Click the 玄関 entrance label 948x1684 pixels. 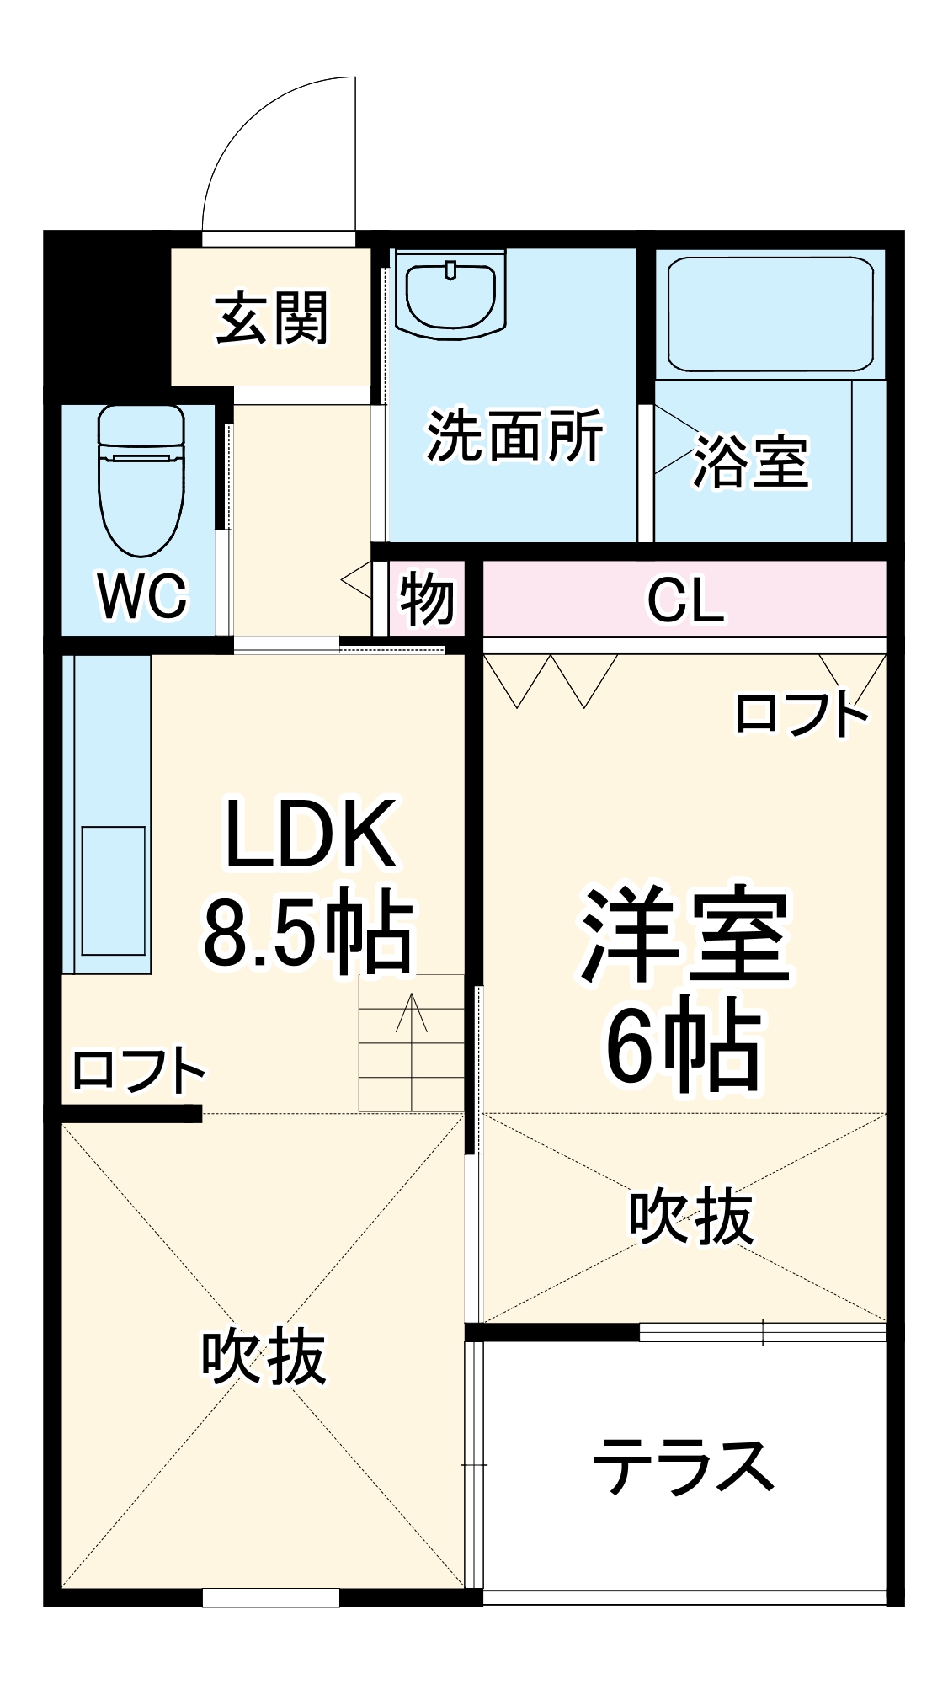pos(271,319)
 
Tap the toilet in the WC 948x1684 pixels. pos(141,480)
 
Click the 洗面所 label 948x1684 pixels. pos(514,436)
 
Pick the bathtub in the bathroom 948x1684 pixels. pos(770,313)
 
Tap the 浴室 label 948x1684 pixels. pos(751,461)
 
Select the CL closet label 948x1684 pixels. pos(684,600)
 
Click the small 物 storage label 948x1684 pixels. pos(427,600)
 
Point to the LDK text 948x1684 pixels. pos(309,834)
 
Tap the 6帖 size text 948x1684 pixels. pos(684,1045)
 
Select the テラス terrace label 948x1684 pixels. pos(684,1467)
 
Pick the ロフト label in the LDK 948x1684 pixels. pos(139,1071)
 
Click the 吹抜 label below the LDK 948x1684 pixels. pos(264,1356)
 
